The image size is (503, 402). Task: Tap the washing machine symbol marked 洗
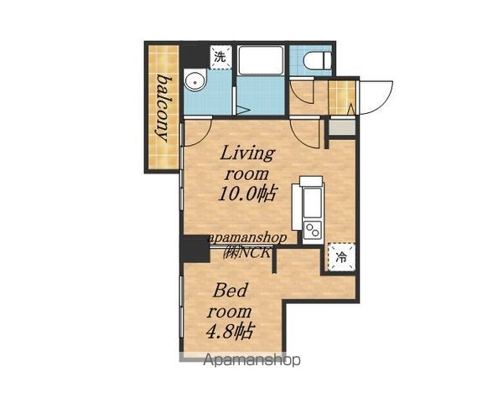(x=221, y=58)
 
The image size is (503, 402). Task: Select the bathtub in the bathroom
(x=261, y=60)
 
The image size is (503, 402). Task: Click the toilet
(x=318, y=60)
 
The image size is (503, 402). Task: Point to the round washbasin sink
(x=195, y=81)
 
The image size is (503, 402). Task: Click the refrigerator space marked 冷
(x=342, y=257)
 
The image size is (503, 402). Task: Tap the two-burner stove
(x=313, y=229)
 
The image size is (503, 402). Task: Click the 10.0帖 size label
(x=246, y=193)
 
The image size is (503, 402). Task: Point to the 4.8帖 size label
(x=230, y=331)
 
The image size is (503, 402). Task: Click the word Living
(x=247, y=153)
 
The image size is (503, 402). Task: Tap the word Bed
(x=231, y=290)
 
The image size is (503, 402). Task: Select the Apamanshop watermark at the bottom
(x=251, y=359)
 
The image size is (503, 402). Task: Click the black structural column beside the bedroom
(x=194, y=249)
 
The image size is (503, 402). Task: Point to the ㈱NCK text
(x=247, y=253)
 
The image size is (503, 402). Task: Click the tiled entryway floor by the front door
(x=342, y=97)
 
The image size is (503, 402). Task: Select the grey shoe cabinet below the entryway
(x=343, y=127)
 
